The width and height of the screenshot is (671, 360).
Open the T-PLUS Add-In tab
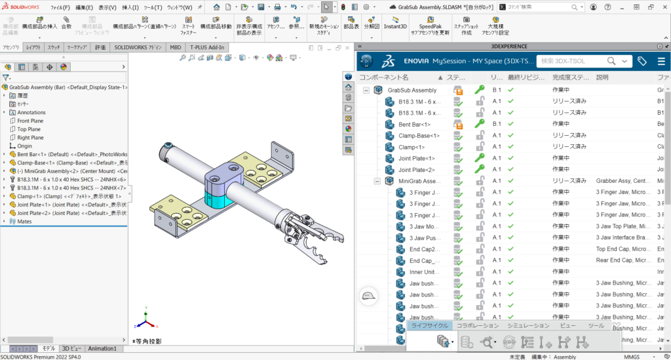(207, 47)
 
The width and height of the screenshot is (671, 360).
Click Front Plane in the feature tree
(30, 121)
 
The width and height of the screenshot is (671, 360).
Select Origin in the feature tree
(24, 146)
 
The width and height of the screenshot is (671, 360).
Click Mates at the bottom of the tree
(24, 222)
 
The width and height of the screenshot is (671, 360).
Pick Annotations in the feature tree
(31, 112)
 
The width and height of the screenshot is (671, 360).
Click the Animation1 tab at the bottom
(102, 348)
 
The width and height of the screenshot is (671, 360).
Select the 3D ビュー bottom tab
(72, 348)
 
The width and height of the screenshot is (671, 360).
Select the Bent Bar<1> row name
(414, 124)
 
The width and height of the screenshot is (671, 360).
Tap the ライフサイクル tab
(429, 325)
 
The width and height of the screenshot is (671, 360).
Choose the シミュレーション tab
(528, 325)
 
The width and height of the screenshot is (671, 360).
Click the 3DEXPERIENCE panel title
(512, 47)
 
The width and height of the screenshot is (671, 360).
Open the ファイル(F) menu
(60, 7)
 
